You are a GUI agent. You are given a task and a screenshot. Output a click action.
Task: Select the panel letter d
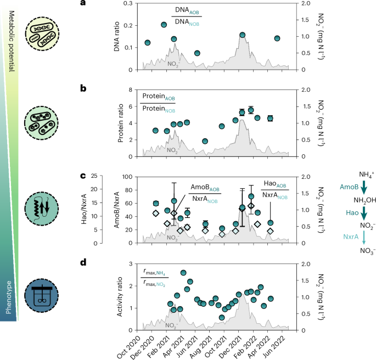point(83,263)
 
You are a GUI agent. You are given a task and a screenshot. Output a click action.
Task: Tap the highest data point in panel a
point(164,25)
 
